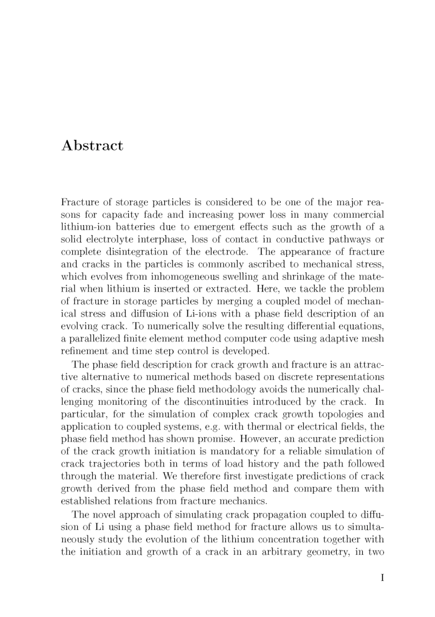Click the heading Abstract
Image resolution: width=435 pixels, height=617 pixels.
(x=92, y=146)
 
